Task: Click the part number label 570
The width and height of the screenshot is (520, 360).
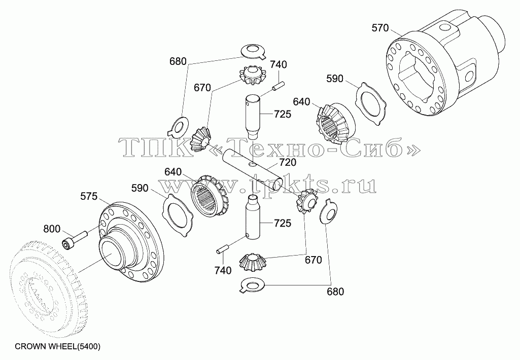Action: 379,28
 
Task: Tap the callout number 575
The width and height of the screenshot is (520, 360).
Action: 89,197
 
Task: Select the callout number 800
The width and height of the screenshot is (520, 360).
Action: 52,229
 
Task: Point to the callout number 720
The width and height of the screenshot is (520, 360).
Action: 288,162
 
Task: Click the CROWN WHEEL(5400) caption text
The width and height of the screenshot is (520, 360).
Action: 58,347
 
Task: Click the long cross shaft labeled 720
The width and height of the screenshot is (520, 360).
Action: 253,169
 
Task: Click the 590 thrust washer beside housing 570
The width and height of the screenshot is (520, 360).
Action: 371,104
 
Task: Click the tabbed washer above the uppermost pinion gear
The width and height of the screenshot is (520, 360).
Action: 254,51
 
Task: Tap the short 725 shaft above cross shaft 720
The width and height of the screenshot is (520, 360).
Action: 254,116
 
